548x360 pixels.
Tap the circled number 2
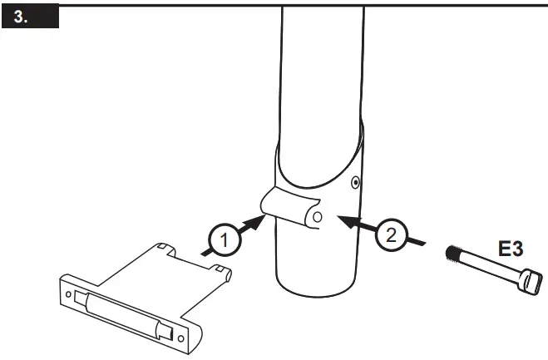(390, 232)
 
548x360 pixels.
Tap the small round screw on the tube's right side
(355, 180)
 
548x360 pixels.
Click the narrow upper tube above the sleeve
(320, 67)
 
